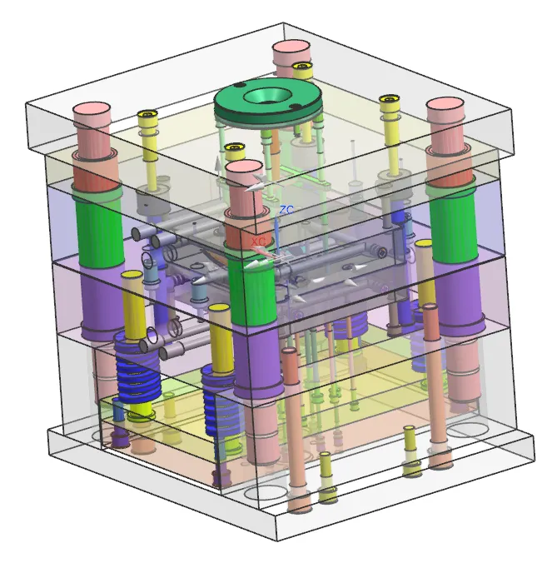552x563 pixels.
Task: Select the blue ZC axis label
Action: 286,210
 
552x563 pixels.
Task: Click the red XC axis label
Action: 258,242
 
